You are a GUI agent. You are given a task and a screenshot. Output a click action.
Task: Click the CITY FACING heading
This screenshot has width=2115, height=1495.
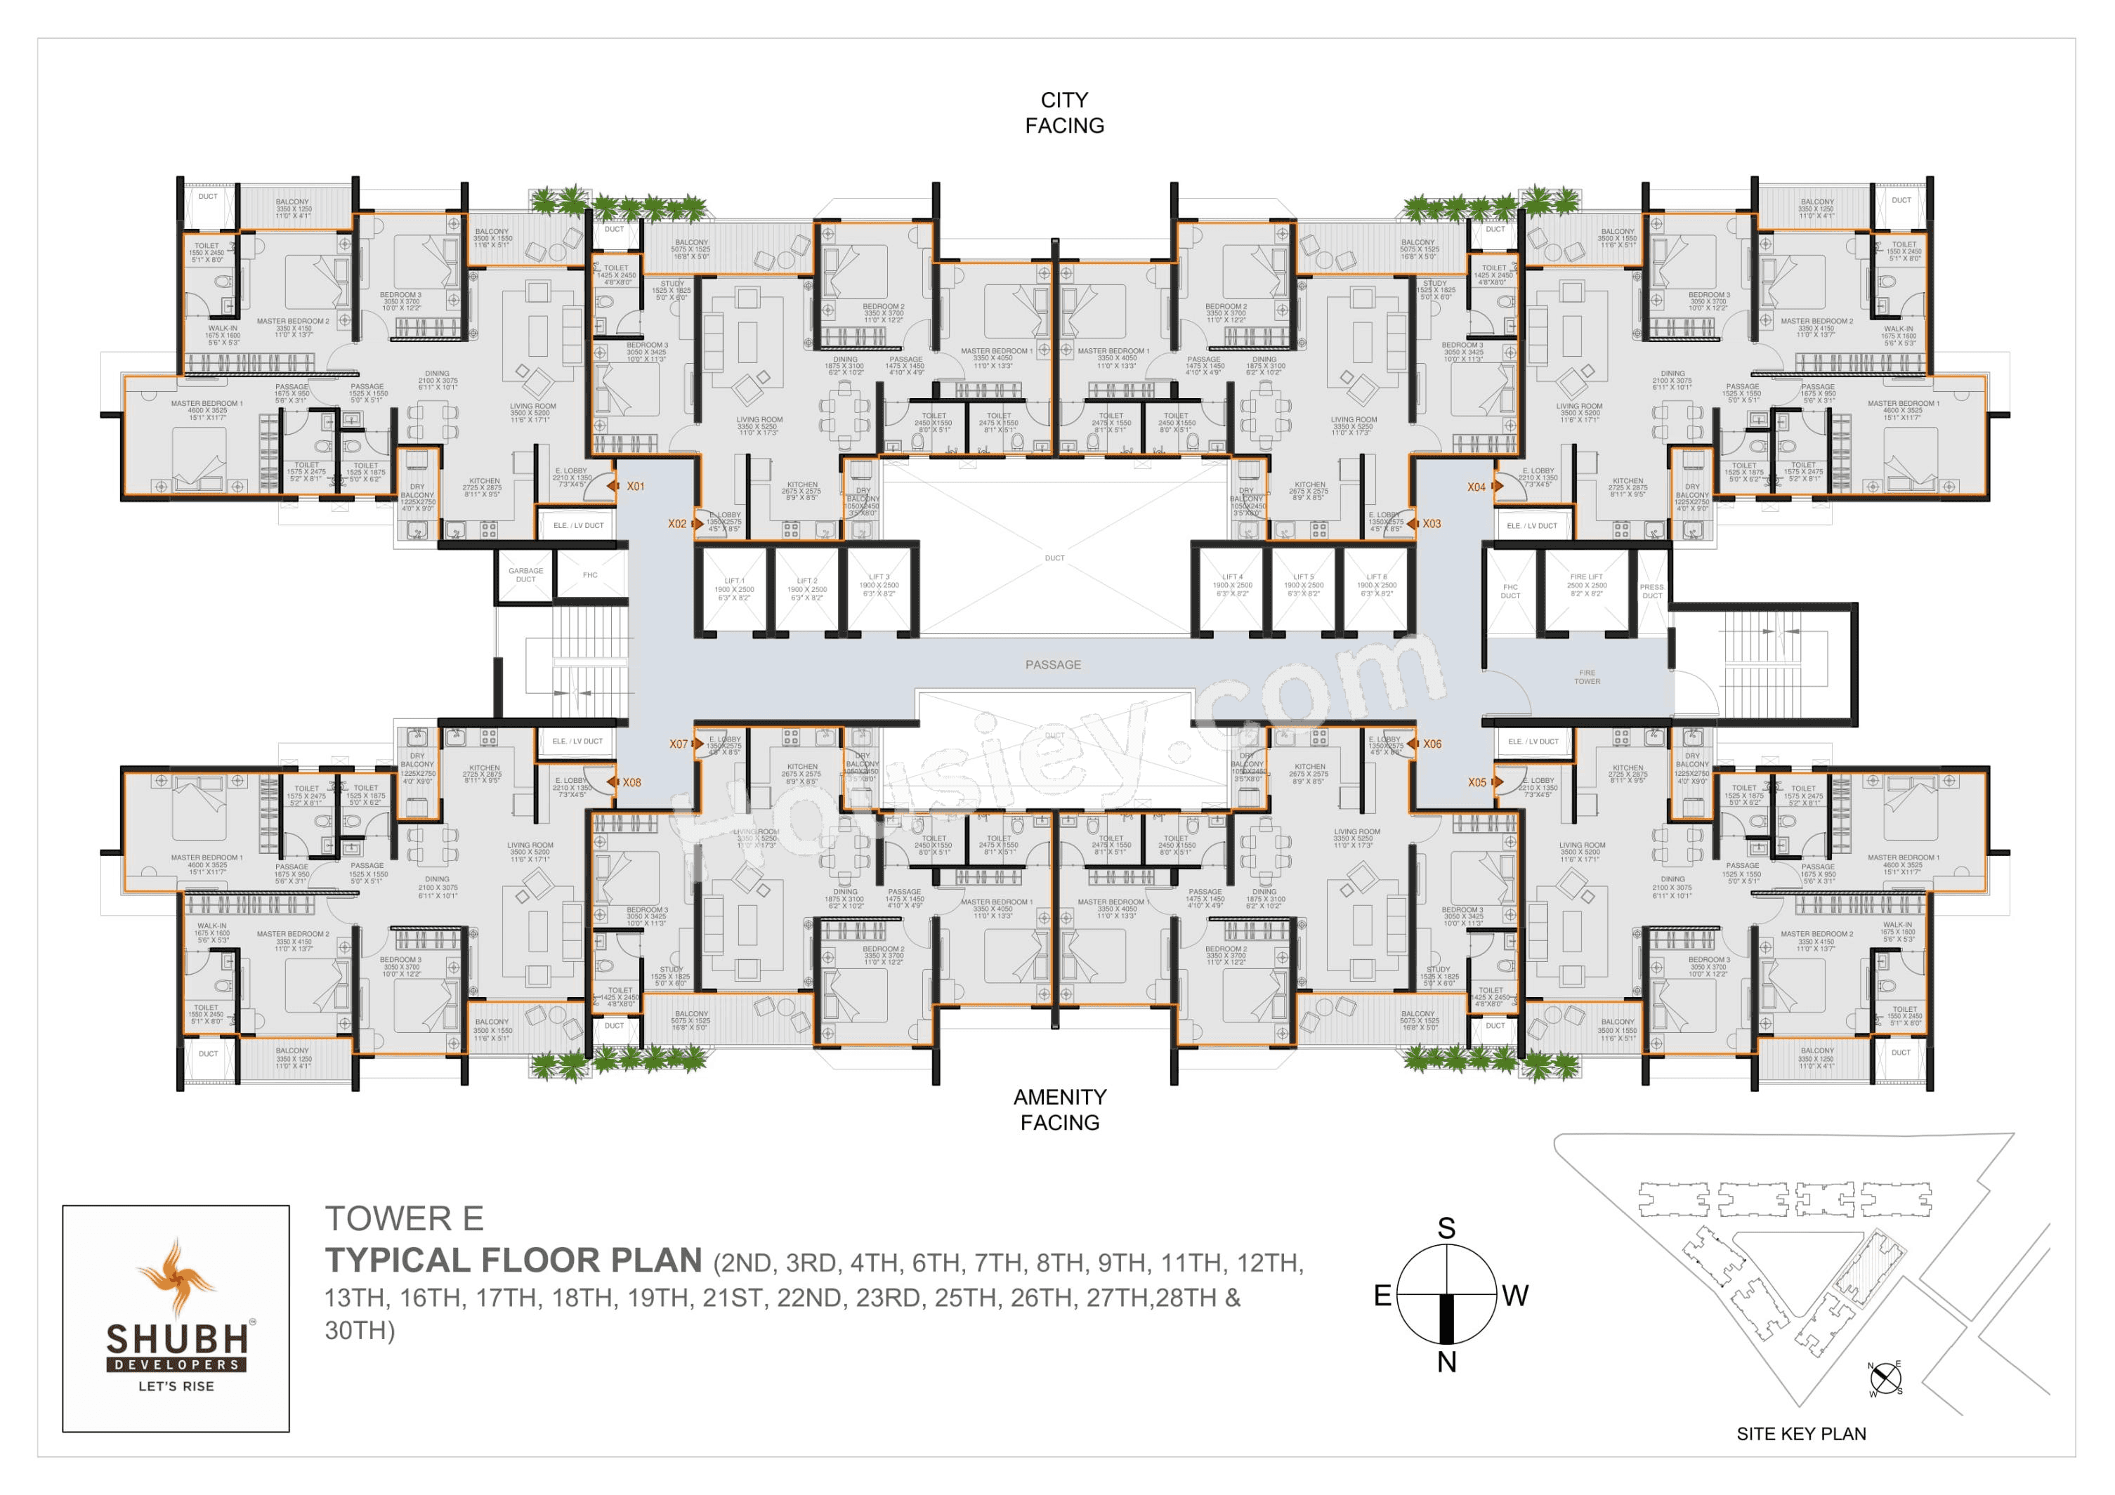[1064, 112]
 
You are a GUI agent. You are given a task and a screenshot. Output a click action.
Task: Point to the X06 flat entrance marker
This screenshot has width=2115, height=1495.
[1432, 744]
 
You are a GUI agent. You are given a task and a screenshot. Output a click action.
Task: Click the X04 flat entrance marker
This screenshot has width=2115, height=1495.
[1476, 487]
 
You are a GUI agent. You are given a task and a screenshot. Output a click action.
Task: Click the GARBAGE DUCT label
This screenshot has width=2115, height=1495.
[525, 575]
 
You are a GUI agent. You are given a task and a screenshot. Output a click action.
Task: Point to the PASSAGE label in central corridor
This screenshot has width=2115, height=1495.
[1053, 664]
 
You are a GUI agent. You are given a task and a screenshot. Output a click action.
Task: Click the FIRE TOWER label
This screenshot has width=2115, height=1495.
[1586, 677]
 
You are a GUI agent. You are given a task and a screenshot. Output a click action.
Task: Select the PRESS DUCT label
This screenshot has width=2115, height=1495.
[1651, 591]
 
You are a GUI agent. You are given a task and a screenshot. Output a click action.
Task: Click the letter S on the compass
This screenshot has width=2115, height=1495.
[1446, 1228]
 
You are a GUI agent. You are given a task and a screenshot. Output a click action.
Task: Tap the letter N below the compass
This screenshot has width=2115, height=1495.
[1446, 1362]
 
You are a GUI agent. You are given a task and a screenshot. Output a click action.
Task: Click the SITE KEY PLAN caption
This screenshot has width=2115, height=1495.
[1801, 1433]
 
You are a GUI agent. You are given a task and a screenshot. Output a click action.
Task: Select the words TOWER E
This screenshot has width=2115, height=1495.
[403, 1218]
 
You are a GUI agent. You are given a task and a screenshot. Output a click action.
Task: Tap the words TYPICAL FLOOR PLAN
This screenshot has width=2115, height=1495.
[513, 1260]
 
